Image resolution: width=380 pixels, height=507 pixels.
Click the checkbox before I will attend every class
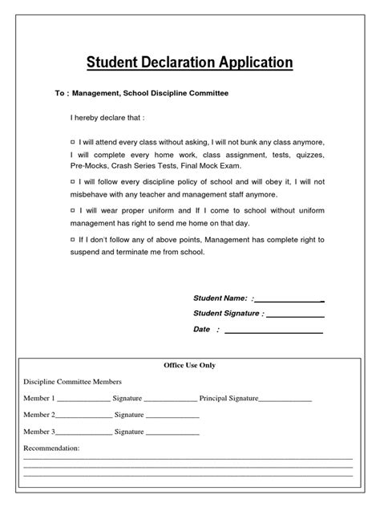(73, 140)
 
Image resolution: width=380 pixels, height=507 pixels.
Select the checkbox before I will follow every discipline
(73, 183)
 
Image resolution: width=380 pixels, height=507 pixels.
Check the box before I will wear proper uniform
(73, 209)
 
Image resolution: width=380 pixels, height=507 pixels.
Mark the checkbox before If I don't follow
(73, 239)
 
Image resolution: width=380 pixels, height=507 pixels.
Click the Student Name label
(220, 298)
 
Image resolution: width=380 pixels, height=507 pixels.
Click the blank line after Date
(276, 331)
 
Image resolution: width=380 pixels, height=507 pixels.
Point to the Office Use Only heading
(190, 365)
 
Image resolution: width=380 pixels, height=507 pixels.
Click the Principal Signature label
(228, 398)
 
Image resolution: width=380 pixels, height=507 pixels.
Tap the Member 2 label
(40, 415)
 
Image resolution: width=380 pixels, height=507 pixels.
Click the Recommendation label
(52, 448)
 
